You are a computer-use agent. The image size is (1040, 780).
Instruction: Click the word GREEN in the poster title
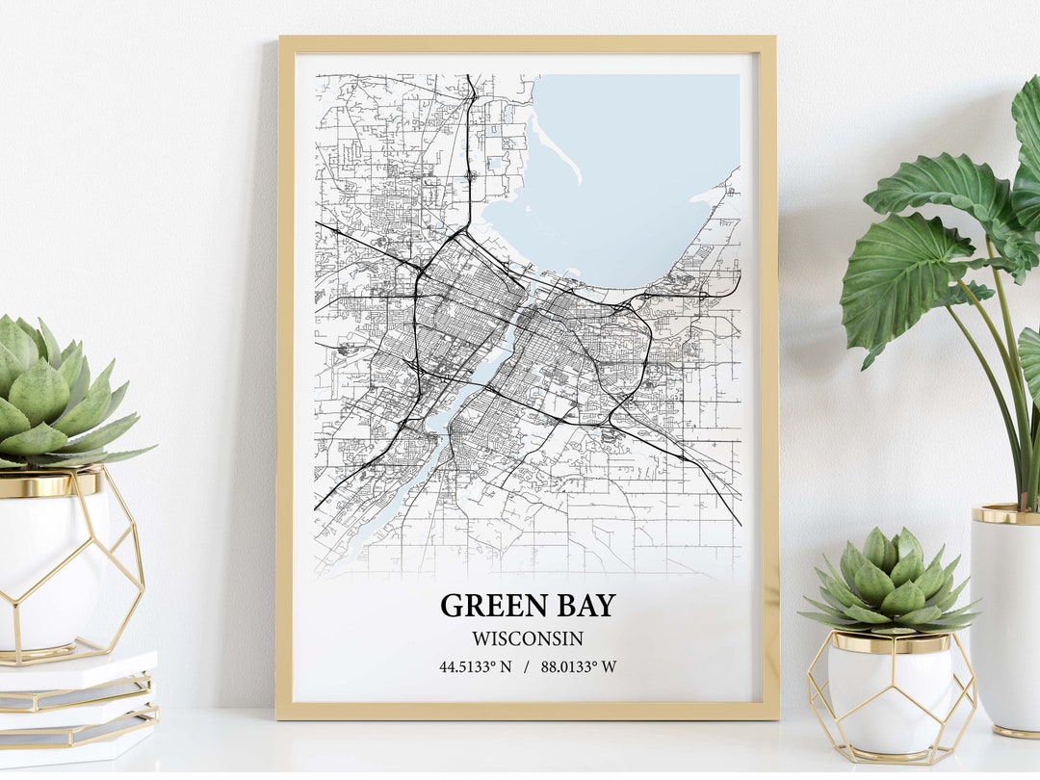click(482, 606)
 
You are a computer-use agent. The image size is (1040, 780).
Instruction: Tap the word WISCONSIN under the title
click(527, 637)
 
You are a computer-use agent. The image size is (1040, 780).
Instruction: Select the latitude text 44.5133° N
click(476, 666)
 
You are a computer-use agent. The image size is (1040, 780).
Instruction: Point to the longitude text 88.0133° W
click(579, 666)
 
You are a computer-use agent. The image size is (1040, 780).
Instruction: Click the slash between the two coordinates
click(527, 666)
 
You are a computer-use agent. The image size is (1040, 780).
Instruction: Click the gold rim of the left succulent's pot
click(48, 484)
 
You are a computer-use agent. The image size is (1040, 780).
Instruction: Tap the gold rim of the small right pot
click(890, 643)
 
